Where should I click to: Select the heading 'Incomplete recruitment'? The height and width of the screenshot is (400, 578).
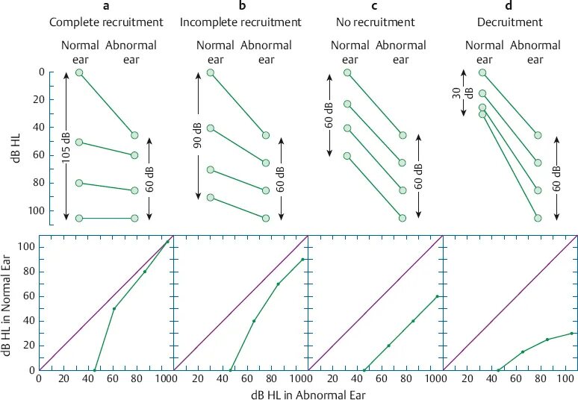point(240,22)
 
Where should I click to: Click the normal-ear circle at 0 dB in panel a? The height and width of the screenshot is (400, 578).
point(79,72)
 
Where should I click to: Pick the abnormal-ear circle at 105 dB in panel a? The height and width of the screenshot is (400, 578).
point(134,218)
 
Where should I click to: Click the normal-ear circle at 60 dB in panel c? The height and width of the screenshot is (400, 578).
point(347,156)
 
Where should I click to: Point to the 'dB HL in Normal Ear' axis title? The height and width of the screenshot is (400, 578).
point(8,307)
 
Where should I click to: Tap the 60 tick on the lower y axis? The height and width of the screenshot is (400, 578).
point(30,296)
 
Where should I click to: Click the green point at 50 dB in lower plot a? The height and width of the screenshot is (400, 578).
point(114,308)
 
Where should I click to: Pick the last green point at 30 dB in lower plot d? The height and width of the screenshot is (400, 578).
point(571,333)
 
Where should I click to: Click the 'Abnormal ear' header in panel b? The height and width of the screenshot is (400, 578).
point(266,52)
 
